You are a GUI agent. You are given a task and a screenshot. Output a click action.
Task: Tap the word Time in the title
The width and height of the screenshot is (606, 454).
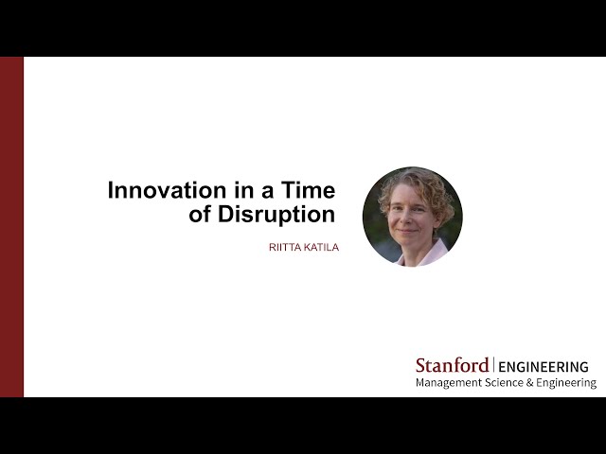pos(308,190)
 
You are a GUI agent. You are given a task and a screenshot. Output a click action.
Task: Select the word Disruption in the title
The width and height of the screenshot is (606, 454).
pos(276,215)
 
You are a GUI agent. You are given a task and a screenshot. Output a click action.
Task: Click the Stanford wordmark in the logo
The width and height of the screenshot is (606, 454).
pos(453,365)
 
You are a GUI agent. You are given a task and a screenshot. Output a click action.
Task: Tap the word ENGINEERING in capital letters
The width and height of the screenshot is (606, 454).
pos(544,366)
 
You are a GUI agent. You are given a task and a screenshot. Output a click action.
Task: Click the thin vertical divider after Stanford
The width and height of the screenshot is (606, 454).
pos(493,365)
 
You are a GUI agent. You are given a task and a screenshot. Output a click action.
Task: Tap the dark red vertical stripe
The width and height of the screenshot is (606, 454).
pos(11,227)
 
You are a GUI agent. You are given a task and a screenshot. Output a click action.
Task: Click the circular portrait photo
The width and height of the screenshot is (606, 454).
pos(413,217)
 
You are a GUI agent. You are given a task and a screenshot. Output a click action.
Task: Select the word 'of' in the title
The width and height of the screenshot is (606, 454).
pos(201,215)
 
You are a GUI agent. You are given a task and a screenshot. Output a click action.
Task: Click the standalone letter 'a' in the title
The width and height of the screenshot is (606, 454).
pos(267,192)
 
